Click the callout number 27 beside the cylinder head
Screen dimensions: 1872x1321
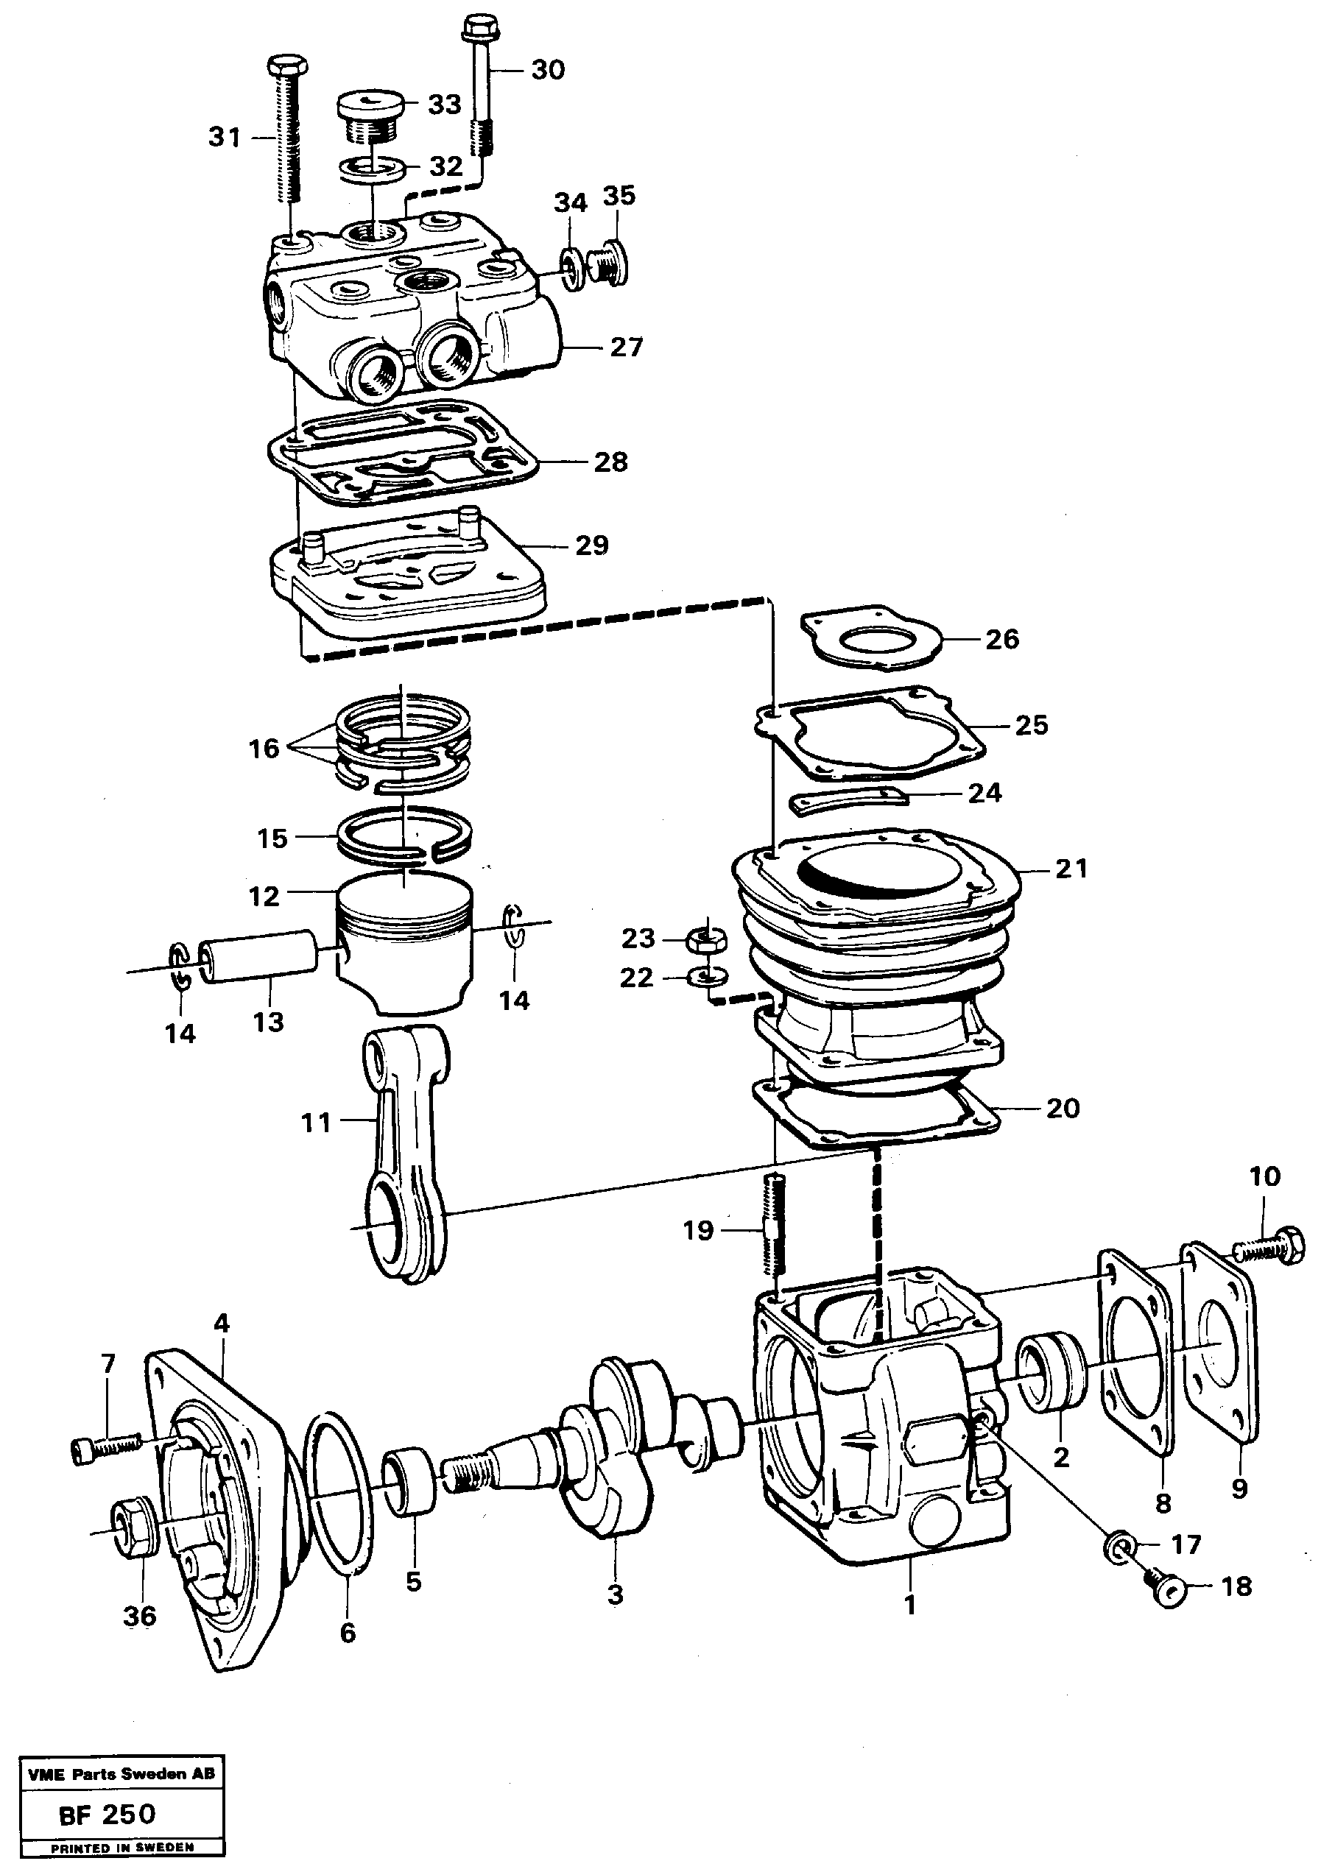click(627, 347)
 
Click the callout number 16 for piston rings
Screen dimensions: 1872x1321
click(264, 748)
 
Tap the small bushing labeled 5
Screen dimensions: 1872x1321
click(410, 1481)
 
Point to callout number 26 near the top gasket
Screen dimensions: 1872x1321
click(1002, 639)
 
